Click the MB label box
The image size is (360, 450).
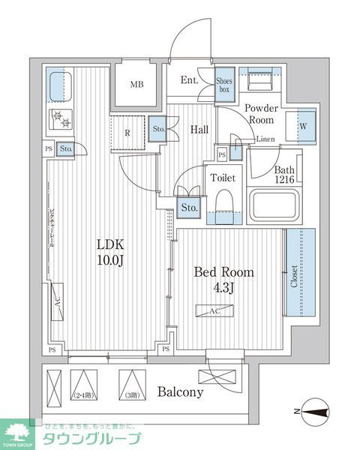tap(137, 83)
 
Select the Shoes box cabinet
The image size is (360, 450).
tap(224, 83)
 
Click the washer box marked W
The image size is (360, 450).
tap(304, 125)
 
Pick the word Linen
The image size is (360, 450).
tap(265, 139)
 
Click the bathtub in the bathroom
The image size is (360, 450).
tap(275, 205)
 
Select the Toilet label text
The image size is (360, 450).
tap(223, 178)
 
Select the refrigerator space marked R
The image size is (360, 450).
tap(127, 132)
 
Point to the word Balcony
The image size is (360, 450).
tap(180, 392)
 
